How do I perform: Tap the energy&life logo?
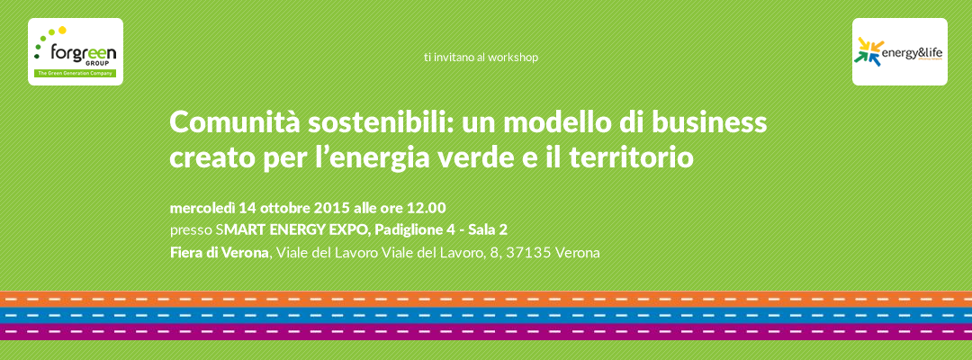[x=899, y=51]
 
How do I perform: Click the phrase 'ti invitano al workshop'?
[x=481, y=57]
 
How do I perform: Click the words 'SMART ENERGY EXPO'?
[x=293, y=229]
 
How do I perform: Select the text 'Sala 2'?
[x=488, y=229]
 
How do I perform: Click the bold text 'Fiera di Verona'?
[x=220, y=253]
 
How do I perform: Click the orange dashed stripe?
[x=486, y=300]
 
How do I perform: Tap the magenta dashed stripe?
[x=486, y=332]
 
